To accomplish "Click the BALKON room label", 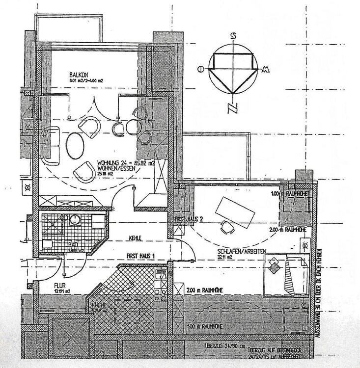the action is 79,75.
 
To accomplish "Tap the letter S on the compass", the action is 234,36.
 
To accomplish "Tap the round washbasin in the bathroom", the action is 75,219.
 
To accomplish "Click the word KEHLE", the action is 135,238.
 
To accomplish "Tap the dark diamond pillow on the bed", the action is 273,267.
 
